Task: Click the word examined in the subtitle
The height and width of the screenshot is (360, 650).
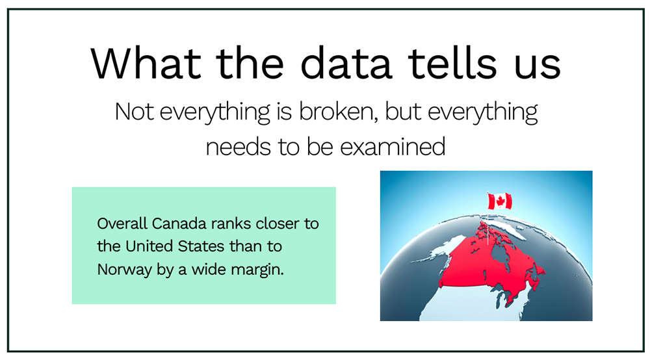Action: coord(393,147)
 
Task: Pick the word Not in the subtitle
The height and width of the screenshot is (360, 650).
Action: coord(134,111)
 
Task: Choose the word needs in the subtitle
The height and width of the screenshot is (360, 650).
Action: coord(238,147)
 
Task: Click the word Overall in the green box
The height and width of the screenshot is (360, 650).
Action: coord(122,224)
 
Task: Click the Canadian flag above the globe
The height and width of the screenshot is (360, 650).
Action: coord(500,201)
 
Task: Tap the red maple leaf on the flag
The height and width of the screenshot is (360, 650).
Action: coord(500,201)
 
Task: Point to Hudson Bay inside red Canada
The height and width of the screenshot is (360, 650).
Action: coord(502,258)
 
